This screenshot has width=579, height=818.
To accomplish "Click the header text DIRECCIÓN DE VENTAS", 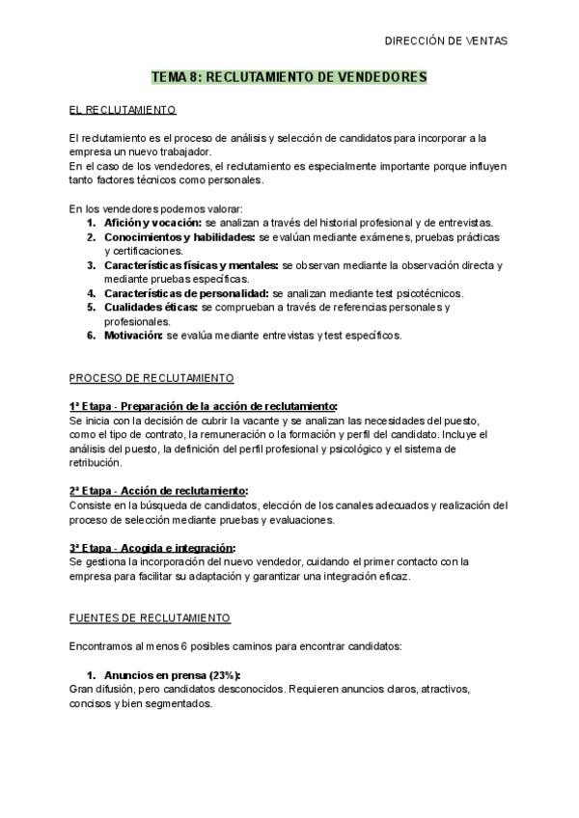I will point(445,41).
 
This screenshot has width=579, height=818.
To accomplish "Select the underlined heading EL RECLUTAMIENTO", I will point(123,110).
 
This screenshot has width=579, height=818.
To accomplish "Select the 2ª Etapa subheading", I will point(158,491).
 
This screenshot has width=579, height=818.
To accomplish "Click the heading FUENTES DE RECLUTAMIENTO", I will point(149,617).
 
